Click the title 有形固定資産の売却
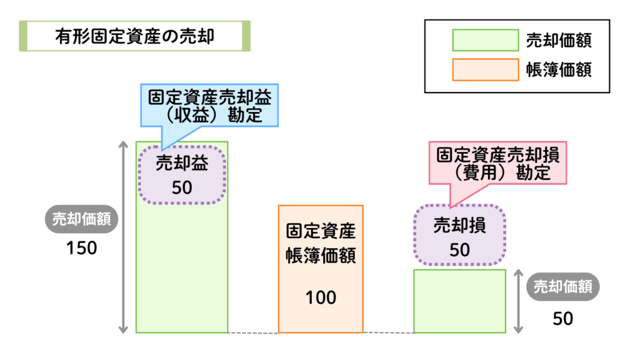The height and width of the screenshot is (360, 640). (x=134, y=36)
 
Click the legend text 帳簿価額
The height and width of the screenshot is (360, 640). (x=560, y=69)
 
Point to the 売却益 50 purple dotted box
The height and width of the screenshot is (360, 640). (x=182, y=174)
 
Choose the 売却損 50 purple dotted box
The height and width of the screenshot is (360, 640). (x=459, y=235)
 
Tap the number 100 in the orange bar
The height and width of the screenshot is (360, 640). (x=321, y=297)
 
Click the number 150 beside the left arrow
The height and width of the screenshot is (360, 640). (x=82, y=248)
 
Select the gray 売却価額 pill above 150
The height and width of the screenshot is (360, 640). (x=82, y=219)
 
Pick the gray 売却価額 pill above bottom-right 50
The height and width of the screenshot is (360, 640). (x=562, y=287)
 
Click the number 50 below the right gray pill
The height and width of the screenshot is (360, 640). (x=562, y=319)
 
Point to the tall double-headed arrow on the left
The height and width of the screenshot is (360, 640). (x=124, y=237)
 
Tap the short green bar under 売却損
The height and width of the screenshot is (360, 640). (x=459, y=301)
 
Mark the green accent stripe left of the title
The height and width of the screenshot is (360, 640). (x=22, y=36)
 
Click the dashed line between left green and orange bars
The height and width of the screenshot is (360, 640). (x=252, y=332)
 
